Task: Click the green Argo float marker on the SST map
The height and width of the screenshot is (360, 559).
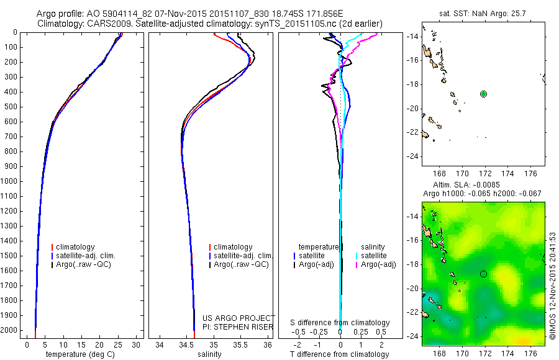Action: pyautogui.click(x=483, y=94)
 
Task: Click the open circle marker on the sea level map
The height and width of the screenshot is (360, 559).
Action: pyautogui.click(x=483, y=274)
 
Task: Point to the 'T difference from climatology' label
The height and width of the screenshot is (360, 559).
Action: pyautogui.click(x=340, y=354)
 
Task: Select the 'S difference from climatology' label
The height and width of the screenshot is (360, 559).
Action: pyautogui.click(x=340, y=323)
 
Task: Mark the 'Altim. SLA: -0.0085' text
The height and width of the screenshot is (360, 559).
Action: pyautogui.click(x=483, y=186)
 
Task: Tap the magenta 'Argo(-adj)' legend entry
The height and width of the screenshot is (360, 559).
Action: pyautogui.click(x=379, y=264)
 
